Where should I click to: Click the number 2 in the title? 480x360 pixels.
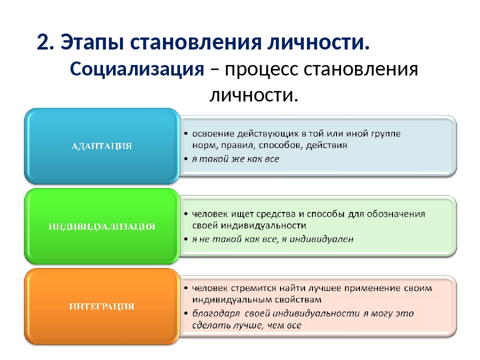43,42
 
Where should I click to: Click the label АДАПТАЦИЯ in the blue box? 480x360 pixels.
101,146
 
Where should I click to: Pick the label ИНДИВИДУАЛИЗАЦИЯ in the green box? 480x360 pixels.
102,226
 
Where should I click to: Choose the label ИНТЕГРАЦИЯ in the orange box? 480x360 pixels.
101,306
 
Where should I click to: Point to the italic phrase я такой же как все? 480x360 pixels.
235,159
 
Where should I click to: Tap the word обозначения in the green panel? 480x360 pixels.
396,214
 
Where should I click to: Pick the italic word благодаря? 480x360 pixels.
216,314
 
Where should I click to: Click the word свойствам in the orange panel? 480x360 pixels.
298,299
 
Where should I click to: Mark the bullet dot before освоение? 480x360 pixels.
186,134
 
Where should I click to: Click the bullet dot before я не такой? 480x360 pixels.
186,239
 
